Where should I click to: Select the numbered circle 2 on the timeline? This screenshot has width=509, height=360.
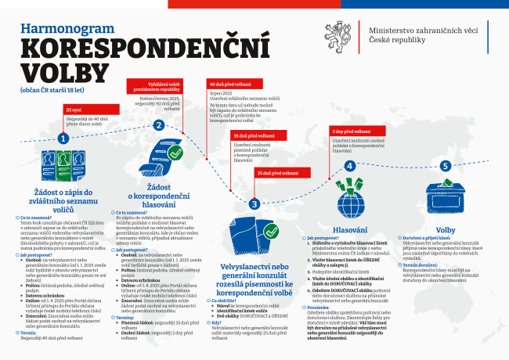159,124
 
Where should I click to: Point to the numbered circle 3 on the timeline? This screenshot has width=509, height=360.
254,204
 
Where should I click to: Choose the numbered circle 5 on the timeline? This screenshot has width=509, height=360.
444,166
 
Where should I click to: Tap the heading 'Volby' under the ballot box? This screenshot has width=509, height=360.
446,230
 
